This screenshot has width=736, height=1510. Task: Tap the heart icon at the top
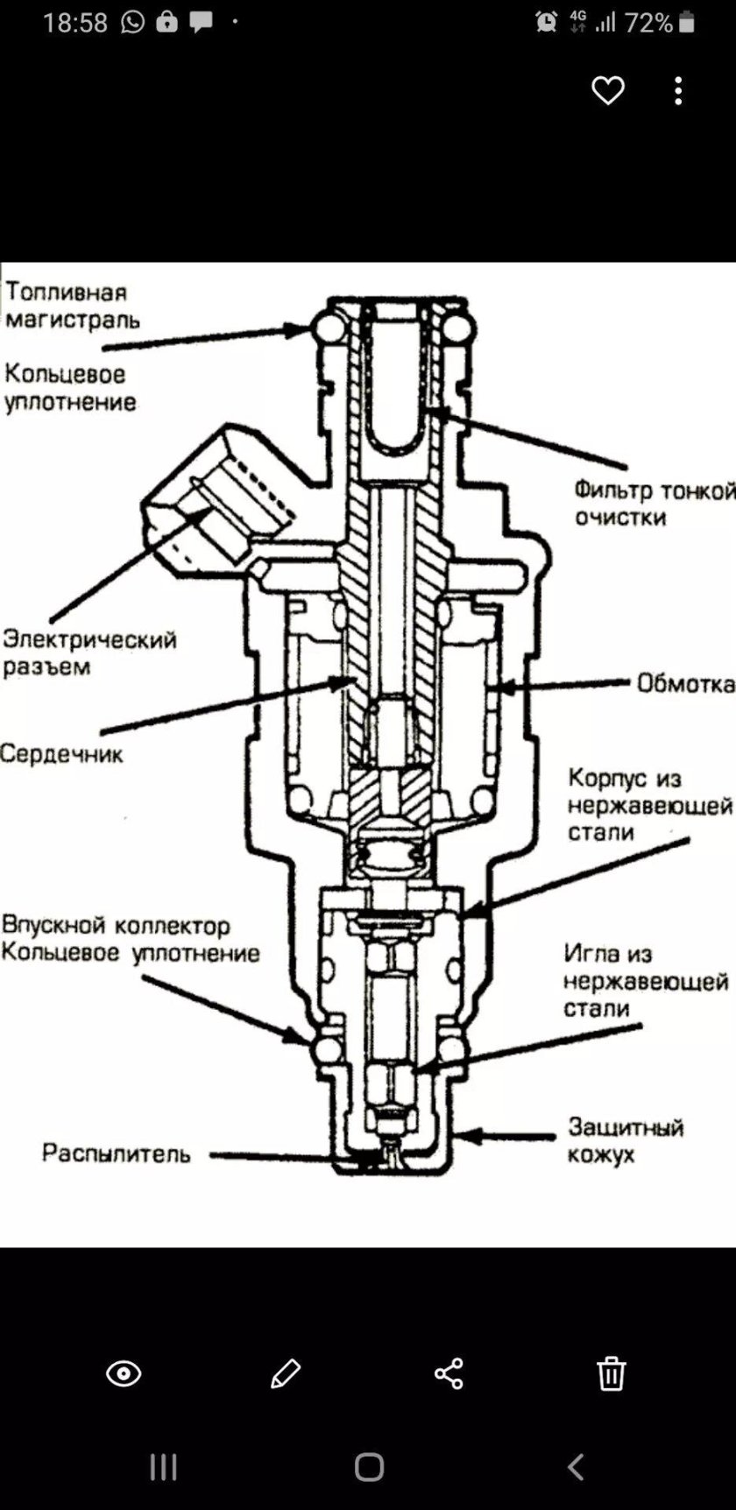coord(607,90)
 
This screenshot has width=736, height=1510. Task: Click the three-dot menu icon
coord(678,90)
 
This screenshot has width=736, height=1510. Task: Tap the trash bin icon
coord(611,1373)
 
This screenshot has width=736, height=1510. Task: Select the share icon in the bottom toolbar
coord(448,1373)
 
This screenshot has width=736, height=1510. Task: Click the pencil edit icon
coord(286,1373)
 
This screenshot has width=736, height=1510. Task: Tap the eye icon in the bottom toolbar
coord(124,1373)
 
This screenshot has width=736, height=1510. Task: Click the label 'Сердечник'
coord(61,753)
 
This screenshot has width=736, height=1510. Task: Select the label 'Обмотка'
coord(684,683)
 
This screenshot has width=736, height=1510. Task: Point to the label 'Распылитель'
coord(116,1154)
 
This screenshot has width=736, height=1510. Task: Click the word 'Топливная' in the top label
coord(67,292)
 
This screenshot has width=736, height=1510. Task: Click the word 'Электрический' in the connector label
coord(89,639)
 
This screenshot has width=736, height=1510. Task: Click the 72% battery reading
coord(648,23)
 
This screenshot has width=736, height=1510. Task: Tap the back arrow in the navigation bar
coord(575,1466)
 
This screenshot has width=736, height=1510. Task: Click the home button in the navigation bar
coord(369,1466)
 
